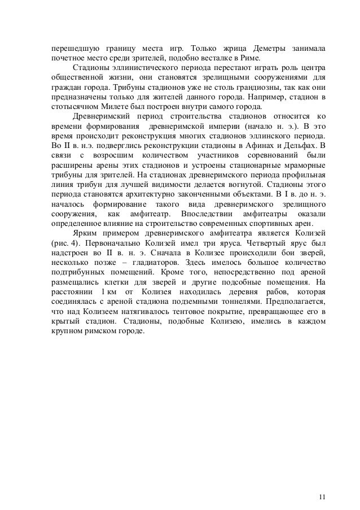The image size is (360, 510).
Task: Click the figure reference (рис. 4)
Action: tap(63, 237)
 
